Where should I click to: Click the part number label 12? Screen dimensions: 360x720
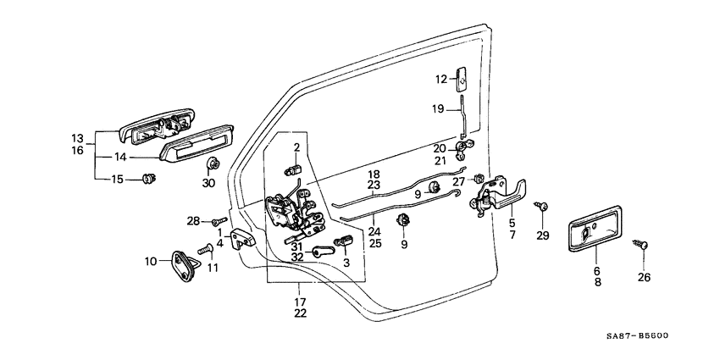[x=440, y=80]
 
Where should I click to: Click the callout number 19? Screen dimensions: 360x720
[x=438, y=108]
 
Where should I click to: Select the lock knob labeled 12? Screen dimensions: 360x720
[x=462, y=78]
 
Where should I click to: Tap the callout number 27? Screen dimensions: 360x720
[x=458, y=181]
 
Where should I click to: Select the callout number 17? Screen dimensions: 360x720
[x=299, y=301]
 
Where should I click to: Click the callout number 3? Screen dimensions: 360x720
[x=345, y=262]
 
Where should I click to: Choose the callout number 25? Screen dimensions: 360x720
[x=375, y=243]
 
